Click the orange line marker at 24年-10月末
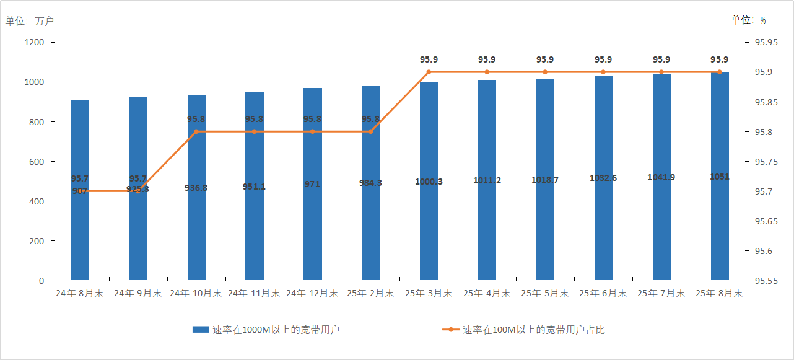click(x=196, y=132)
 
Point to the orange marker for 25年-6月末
click(x=603, y=72)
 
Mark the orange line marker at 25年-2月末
click(x=370, y=132)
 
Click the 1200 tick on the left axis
click(x=35, y=43)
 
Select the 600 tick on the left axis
click(x=37, y=162)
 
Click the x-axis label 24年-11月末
click(x=254, y=293)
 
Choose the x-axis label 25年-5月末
click(x=545, y=293)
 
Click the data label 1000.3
click(x=429, y=182)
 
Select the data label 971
click(x=313, y=185)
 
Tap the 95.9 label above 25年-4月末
click(x=487, y=60)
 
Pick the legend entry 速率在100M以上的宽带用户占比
click(x=533, y=330)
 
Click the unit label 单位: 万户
click(x=30, y=21)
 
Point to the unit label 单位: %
click(x=748, y=20)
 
